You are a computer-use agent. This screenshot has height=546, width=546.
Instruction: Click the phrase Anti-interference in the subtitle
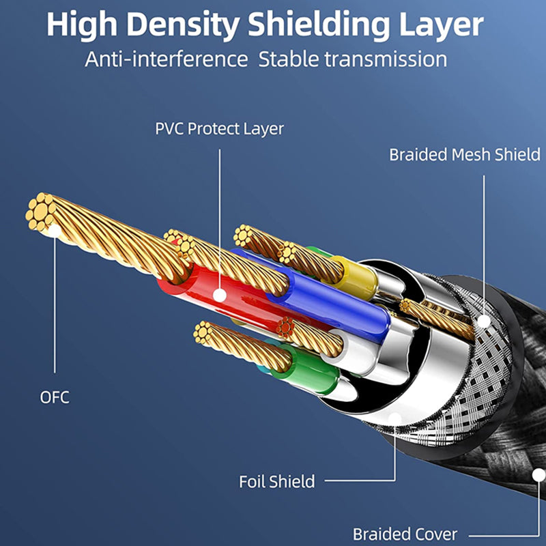pyautogui.click(x=166, y=59)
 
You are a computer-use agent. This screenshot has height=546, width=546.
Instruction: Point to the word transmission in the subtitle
pyautogui.click(x=386, y=59)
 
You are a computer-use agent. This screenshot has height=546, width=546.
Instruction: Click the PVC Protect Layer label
pyautogui.click(x=219, y=128)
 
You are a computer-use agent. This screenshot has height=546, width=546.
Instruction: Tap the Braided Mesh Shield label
pyautogui.click(x=465, y=154)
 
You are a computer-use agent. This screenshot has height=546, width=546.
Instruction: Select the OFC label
pyautogui.click(x=55, y=397)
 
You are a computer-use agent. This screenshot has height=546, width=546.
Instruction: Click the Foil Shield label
pyautogui.click(x=276, y=482)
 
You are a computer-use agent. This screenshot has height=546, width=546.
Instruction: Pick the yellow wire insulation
pyautogui.click(x=355, y=276)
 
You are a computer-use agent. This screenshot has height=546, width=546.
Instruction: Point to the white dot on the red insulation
pyautogui.click(x=219, y=295)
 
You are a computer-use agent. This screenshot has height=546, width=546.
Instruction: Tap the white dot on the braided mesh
pyautogui.click(x=484, y=320)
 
